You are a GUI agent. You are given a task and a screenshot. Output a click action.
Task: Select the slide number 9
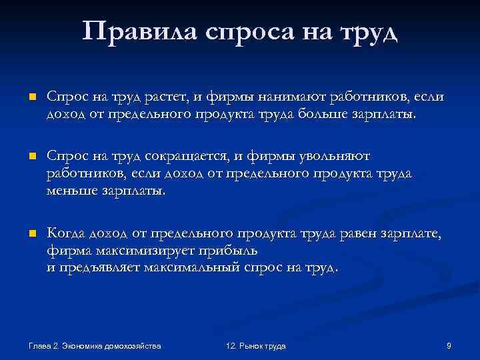(x=449, y=346)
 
